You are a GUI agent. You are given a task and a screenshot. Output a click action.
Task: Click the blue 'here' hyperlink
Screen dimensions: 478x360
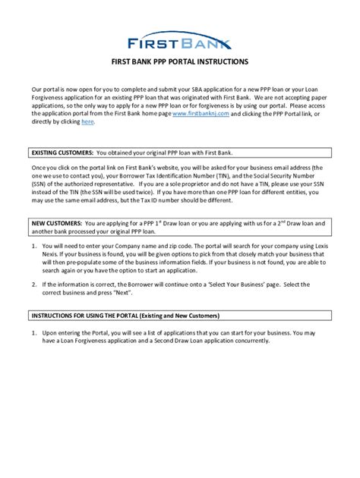click(87, 122)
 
